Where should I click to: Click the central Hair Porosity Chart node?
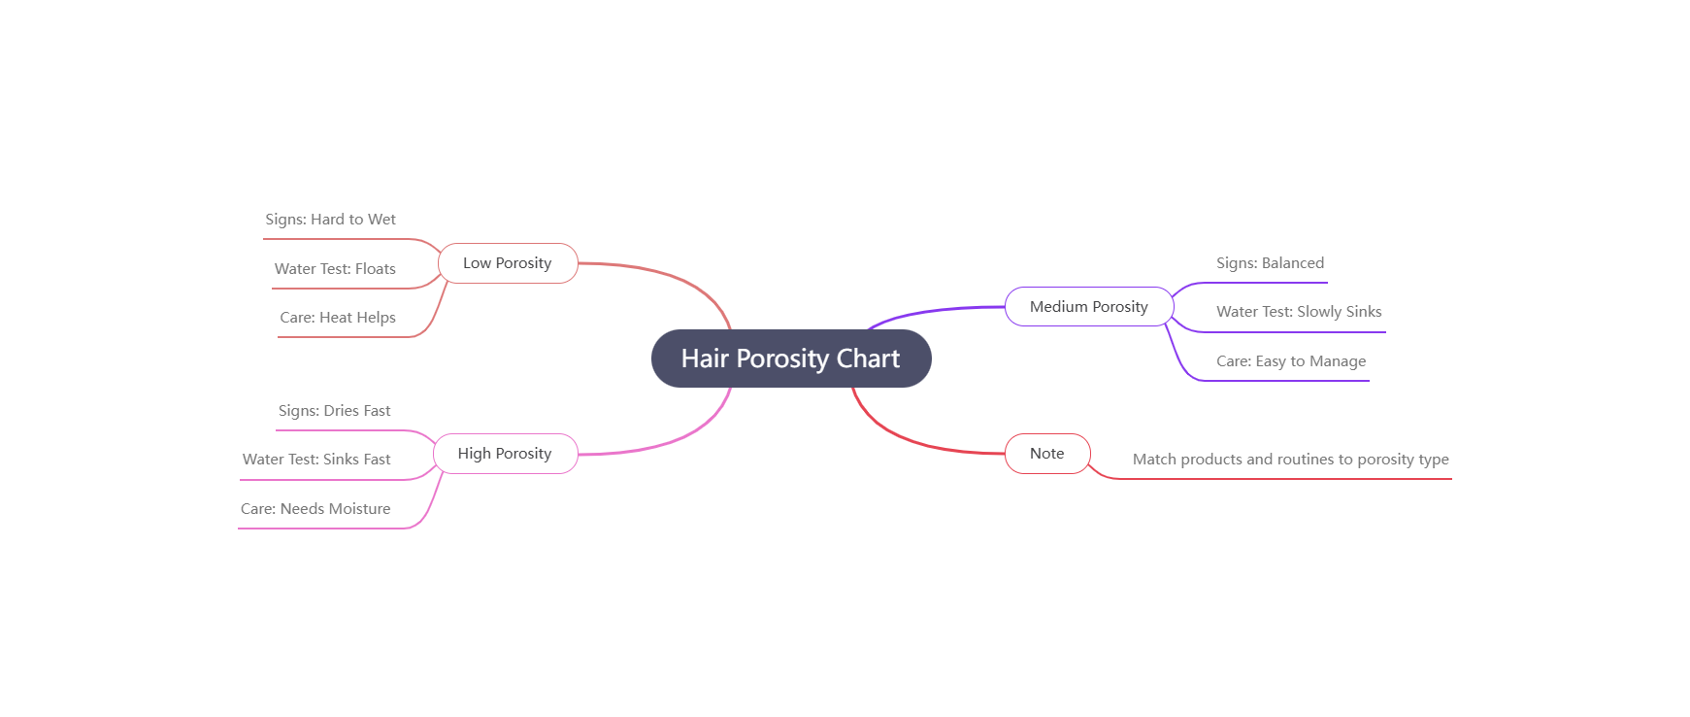(x=790, y=358)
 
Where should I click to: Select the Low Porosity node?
(x=507, y=263)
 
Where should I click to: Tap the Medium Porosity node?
(x=1088, y=307)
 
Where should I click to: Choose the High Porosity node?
(x=504, y=454)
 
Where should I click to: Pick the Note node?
(x=1046, y=454)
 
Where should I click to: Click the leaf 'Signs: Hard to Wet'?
(x=330, y=220)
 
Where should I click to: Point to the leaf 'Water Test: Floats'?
(x=335, y=269)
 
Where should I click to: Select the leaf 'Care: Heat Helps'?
(x=338, y=318)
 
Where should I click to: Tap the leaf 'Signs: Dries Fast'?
(x=334, y=411)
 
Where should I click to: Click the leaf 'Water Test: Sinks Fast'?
(x=316, y=460)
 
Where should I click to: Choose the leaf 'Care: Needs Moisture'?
(x=315, y=509)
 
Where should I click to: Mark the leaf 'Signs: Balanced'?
(x=1270, y=263)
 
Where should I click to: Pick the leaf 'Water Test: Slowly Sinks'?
(x=1299, y=312)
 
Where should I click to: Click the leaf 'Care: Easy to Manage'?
(x=1291, y=361)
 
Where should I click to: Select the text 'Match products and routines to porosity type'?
(x=1290, y=460)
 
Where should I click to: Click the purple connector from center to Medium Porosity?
(x=932, y=311)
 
